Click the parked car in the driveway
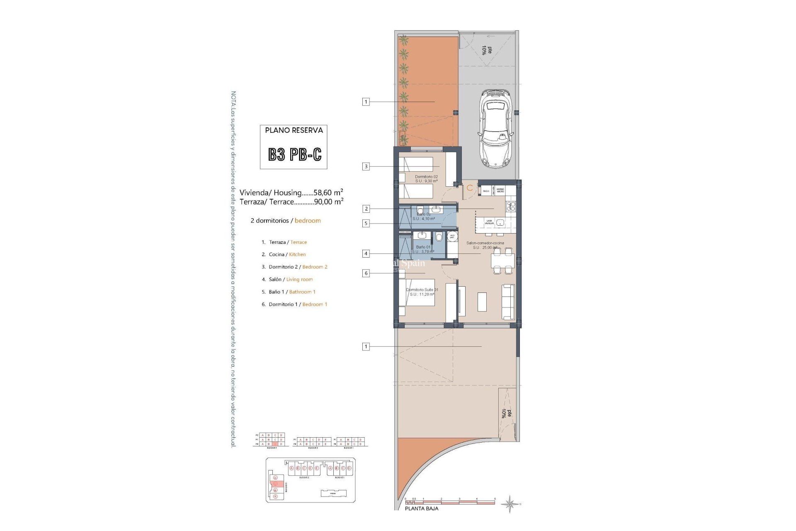pyautogui.click(x=496, y=129)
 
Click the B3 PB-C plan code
pyautogui.click(x=294, y=155)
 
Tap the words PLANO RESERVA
pyautogui.click(x=294, y=130)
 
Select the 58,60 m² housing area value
pyautogui.click(x=328, y=192)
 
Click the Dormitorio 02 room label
pyautogui.click(x=426, y=177)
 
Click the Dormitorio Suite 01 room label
pyautogui.click(x=422, y=290)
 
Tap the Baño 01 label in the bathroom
pyautogui.click(x=423, y=247)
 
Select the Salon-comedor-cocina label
pyautogui.click(x=485, y=243)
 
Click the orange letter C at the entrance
pyautogui.click(x=469, y=188)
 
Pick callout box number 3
pyautogui.click(x=366, y=166)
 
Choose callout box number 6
pyautogui.click(x=366, y=273)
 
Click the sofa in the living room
pyautogui.click(x=508, y=302)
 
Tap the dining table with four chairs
pyautogui.click(x=502, y=261)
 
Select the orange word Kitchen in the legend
pyautogui.click(x=297, y=255)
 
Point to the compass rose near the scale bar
pyautogui.click(x=510, y=504)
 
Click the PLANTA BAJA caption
pyautogui.click(x=421, y=509)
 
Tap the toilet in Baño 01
pyautogui.click(x=439, y=237)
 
